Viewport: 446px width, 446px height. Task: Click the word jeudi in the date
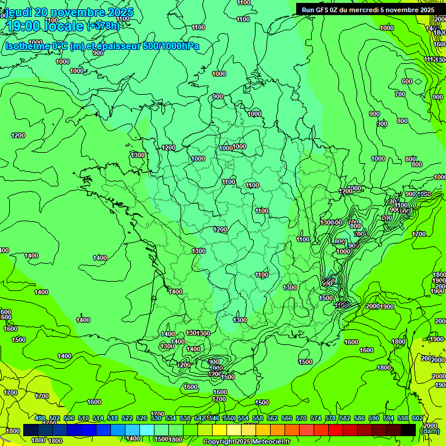tap(19, 12)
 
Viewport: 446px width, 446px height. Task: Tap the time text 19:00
tap(23, 26)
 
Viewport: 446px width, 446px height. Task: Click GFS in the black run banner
tap(322, 10)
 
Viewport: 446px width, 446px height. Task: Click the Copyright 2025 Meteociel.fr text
tap(246, 442)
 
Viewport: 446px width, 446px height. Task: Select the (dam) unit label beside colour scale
tap(430, 431)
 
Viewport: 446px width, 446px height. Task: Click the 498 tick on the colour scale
tap(40, 418)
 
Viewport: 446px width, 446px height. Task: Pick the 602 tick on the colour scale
tap(418, 418)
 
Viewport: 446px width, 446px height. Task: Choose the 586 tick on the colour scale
tap(359, 418)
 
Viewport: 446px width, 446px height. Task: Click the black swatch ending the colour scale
tap(408, 430)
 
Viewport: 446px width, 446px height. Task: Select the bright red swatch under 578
tap(336, 430)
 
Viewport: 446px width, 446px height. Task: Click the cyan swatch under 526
tap(147, 430)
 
